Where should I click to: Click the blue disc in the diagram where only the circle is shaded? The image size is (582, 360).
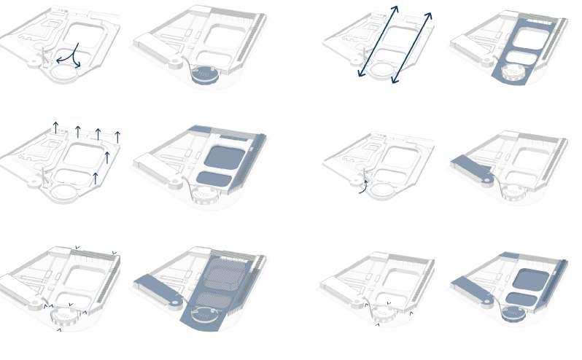pyautogui.click(x=203, y=73)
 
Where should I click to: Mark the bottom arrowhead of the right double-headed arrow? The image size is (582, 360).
pyautogui.click(x=395, y=80)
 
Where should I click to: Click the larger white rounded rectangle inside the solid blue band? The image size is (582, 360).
pyautogui.click(x=530, y=37)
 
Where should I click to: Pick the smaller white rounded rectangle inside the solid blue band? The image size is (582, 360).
pyautogui.click(x=521, y=58)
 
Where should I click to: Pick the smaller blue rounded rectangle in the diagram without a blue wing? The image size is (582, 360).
pyautogui.click(x=214, y=178)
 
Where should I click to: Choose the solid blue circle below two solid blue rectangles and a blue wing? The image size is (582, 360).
pyautogui.click(x=513, y=313)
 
